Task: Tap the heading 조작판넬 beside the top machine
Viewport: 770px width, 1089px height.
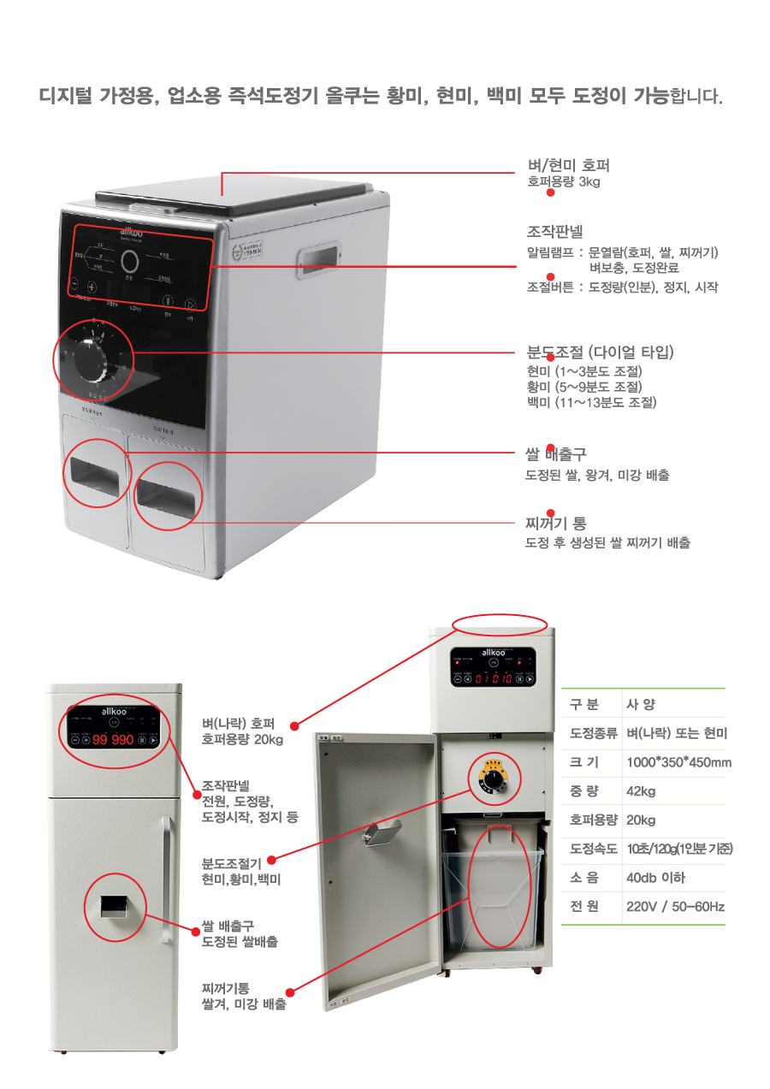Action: coord(554,231)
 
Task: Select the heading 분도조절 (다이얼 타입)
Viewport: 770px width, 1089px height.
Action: coord(601,352)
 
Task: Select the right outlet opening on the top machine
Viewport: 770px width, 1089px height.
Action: coord(167,494)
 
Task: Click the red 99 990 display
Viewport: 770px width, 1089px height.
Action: coord(113,739)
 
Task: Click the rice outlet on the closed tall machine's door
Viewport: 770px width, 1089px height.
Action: coord(113,907)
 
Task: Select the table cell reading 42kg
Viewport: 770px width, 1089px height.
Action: coord(641,791)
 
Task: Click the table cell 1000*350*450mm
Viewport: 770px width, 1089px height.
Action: coord(678,762)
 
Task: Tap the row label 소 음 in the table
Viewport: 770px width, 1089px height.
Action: coord(584,878)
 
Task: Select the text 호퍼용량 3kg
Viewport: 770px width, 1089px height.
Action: coord(563,181)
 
